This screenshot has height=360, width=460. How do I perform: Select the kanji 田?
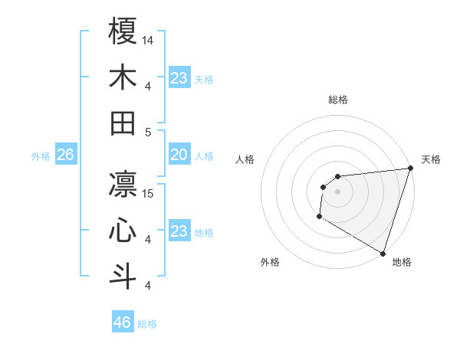[x=123, y=123]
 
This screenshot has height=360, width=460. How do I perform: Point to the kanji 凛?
[x=123, y=184]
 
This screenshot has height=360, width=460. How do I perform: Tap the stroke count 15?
[x=149, y=193]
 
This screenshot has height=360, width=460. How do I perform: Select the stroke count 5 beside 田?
[x=148, y=132]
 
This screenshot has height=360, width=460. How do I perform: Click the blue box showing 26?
[x=65, y=155]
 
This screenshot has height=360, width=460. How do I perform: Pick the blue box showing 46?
[x=123, y=322]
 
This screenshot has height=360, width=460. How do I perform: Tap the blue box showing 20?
[x=179, y=155]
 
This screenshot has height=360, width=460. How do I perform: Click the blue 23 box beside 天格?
[x=179, y=78]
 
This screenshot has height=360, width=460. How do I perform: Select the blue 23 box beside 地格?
[x=179, y=231]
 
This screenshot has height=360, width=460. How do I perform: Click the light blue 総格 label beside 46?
[x=147, y=324]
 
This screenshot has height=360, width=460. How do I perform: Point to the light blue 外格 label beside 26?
[x=41, y=156]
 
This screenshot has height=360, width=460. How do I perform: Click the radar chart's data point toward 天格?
[x=409, y=169]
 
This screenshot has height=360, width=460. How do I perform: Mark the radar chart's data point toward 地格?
[x=383, y=254]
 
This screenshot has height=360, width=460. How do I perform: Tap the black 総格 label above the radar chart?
[x=338, y=100]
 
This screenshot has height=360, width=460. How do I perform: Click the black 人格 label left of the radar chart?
[x=245, y=159]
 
